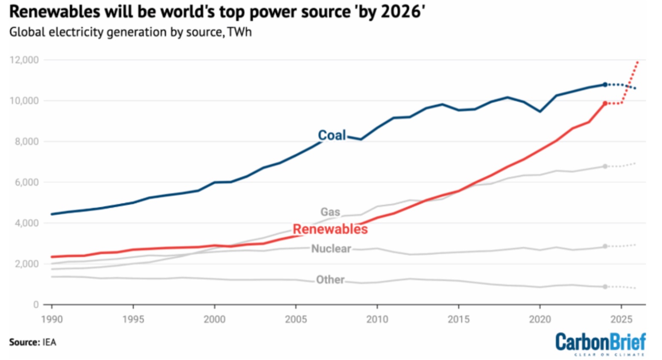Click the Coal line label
click(332, 135)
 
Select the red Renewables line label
click(330, 229)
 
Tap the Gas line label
click(330, 212)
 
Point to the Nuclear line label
click(331, 248)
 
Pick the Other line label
click(330, 279)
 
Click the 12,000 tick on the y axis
click(24, 60)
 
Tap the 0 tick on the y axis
click(36, 305)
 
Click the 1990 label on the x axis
click(52, 319)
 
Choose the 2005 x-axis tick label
click(296, 319)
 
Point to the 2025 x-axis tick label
click(621, 319)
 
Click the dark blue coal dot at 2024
click(605, 84)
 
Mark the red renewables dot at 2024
click(605, 103)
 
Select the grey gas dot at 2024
click(605, 166)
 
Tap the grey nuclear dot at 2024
click(605, 247)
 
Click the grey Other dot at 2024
click(605, 287)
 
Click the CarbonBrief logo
click(601, 343)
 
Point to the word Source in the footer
click(23, 342)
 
